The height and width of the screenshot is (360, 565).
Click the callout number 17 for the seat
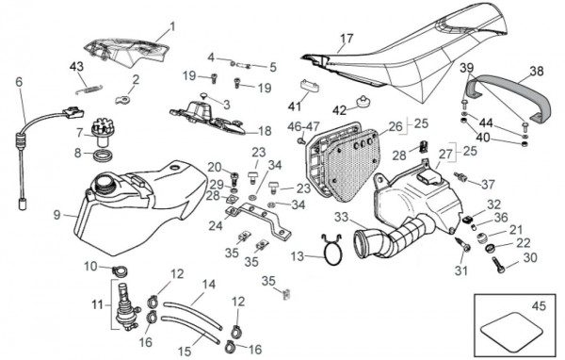(x=347, y=39)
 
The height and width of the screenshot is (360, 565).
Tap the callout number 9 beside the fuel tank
(x=56, y=216)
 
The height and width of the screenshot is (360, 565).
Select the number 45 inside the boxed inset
(x=539, y=306)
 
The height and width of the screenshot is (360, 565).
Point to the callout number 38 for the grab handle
(x=537, y=71)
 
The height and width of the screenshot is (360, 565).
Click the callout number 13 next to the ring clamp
(x=298, y=256)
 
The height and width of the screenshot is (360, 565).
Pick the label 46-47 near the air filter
(x=303, y=126)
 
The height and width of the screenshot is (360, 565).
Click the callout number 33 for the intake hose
(x=341, y=217)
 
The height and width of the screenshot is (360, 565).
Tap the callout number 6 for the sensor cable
(x=19, y=82)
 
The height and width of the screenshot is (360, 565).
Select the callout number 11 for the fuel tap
(x=97, y=304)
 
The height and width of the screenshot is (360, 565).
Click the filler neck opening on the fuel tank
(x=105, y=180)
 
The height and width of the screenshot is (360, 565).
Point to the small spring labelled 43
(x=89, y=89)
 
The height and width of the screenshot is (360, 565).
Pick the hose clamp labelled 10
(x=120, y=270)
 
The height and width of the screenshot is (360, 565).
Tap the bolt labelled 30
(x=498, y=264)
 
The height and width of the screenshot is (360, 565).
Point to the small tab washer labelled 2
(x=121, y=99)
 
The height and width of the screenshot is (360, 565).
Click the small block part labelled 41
(x=310, y=86)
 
